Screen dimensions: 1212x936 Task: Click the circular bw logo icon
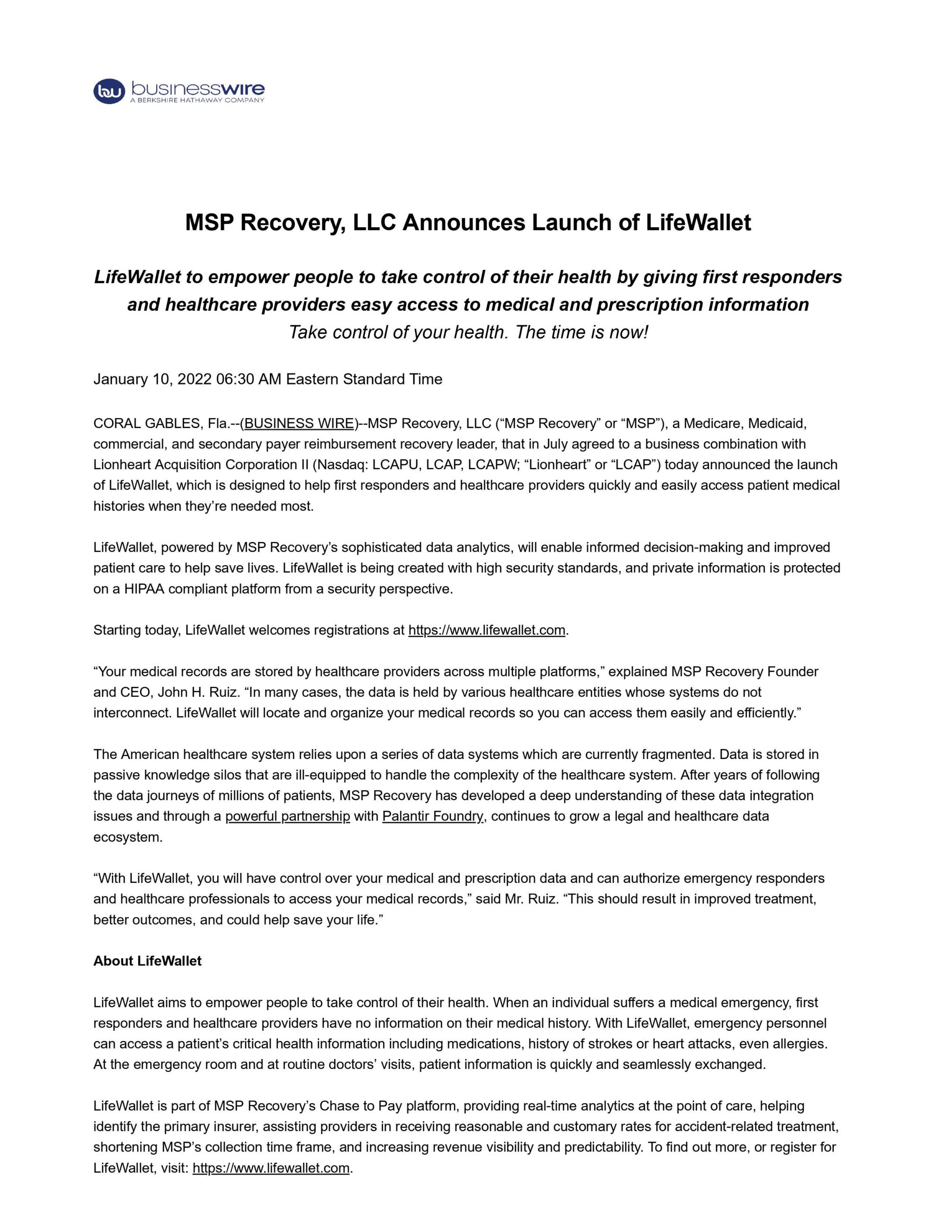click(109, 91)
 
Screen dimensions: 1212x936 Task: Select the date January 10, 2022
click(152, 379)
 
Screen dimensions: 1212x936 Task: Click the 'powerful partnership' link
click(287, 816)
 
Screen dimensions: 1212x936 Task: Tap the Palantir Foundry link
click(433, 816)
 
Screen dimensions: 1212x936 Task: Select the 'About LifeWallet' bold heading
click(147, 961)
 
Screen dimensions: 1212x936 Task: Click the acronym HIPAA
click(144, 589)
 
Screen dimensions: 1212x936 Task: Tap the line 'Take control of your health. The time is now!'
click(468, 332)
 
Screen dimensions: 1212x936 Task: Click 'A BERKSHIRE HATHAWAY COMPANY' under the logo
click(197, 100)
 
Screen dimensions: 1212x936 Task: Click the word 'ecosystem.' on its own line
click(128, 837)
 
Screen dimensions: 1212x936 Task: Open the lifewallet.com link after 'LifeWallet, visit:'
click(271, 1167)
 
